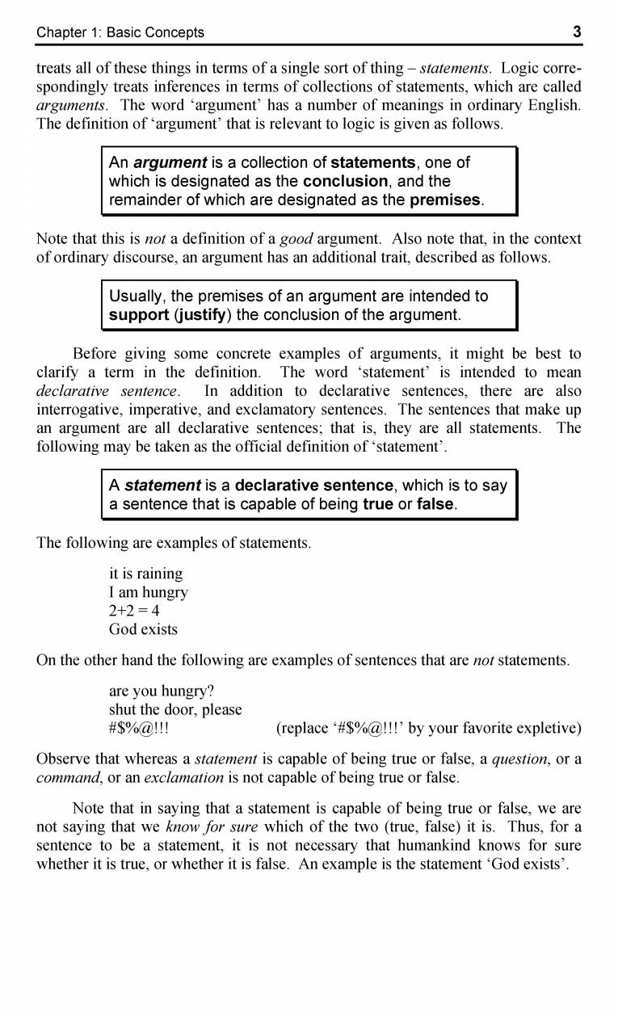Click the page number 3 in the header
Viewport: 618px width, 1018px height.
click(577, 32)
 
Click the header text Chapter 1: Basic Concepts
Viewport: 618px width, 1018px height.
click(120, 33)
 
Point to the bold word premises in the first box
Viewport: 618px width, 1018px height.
click(446, 200)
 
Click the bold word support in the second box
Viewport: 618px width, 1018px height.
click(137, 315)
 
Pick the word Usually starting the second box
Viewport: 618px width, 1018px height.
click(137, 297)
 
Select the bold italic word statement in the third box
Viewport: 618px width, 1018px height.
click(162, 486)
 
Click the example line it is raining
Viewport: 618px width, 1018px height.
click(145, 574)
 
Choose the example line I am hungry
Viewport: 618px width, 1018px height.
click(149, 592)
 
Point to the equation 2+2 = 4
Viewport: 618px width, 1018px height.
click(136, 611)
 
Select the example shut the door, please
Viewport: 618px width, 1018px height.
click(175, 710)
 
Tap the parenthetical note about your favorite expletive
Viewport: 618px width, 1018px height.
click(428, 729)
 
